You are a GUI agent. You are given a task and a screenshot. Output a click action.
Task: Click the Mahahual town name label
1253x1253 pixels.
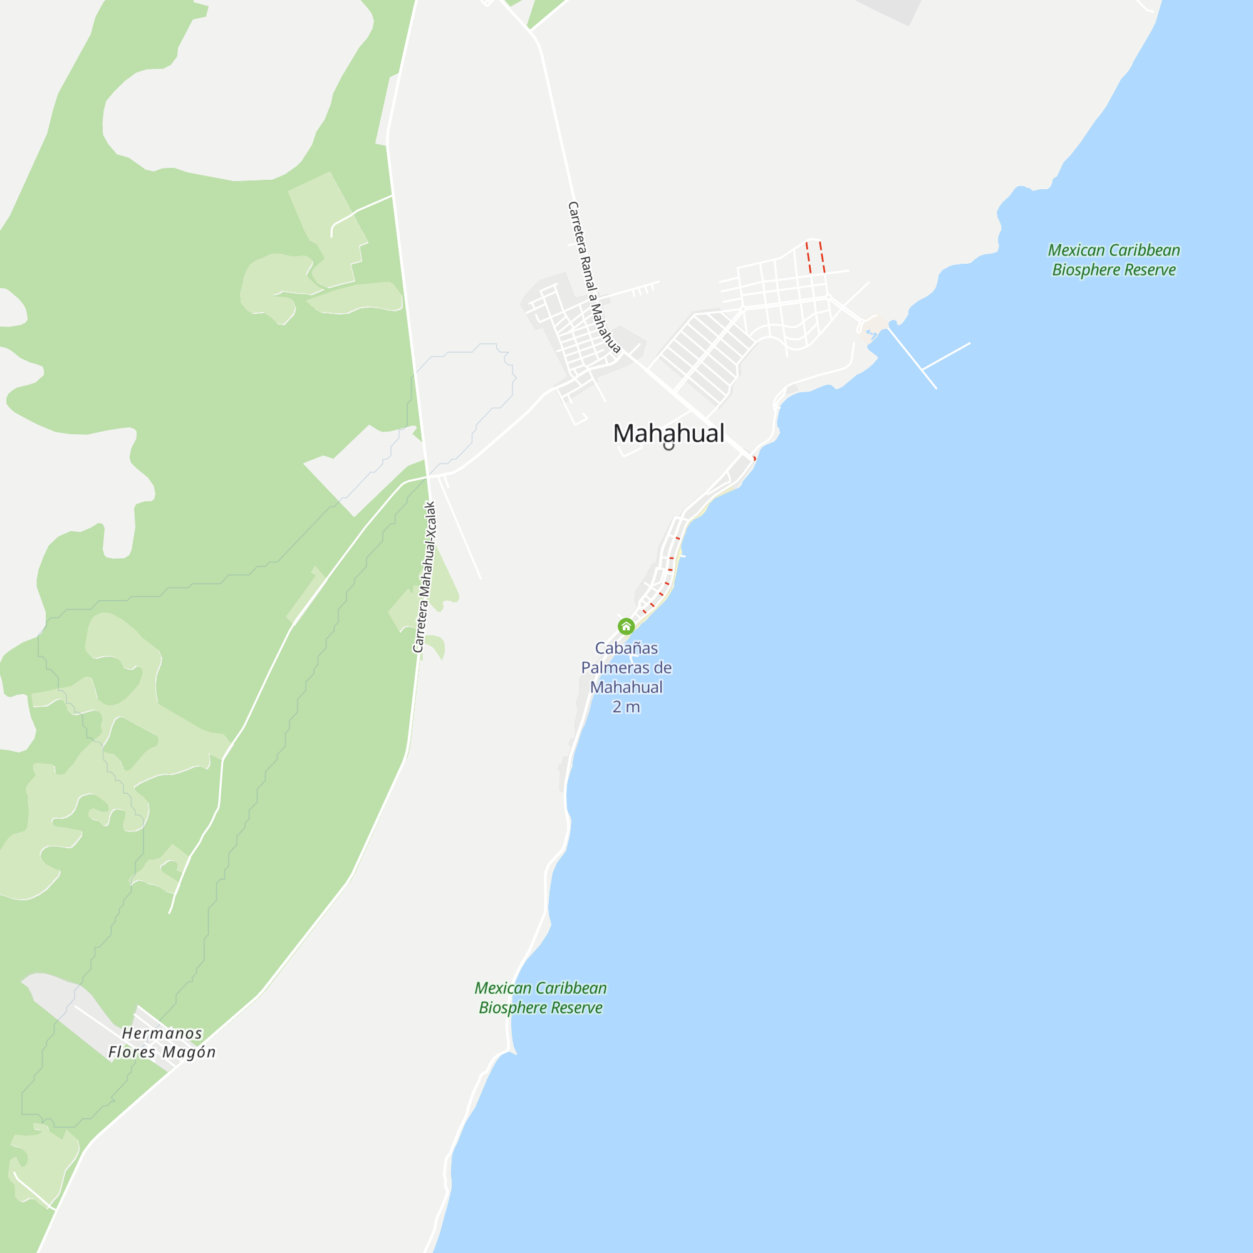(668, 434)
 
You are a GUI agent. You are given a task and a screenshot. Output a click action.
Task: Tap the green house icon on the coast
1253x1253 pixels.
(626, 626)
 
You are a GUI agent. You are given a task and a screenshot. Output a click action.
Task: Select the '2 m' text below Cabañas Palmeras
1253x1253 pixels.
(626, 707)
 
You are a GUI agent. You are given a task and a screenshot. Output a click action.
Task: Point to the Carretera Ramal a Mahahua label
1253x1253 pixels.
(593, 278)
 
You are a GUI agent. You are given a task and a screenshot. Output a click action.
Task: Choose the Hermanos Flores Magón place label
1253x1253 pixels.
(162, 1042)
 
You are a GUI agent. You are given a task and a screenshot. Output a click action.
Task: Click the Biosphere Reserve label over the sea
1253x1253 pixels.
(1113, 260)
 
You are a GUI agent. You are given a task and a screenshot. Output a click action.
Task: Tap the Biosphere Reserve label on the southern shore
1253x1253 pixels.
(540, 997)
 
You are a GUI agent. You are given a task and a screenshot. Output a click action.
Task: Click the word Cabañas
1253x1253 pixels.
(626, 648)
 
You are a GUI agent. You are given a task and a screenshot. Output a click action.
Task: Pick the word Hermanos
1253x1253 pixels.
(162, 1033)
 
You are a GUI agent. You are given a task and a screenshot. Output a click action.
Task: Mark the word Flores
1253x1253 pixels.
(132, 1052)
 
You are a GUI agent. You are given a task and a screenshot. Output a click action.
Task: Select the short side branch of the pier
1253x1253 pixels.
(946, 356)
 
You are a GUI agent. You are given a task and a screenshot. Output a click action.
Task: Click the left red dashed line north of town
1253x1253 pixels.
(808, 257)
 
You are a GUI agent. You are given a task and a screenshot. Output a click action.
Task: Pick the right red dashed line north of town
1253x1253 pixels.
(822, 257)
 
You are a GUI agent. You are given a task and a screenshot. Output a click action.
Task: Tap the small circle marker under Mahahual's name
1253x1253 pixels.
(668, 445)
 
